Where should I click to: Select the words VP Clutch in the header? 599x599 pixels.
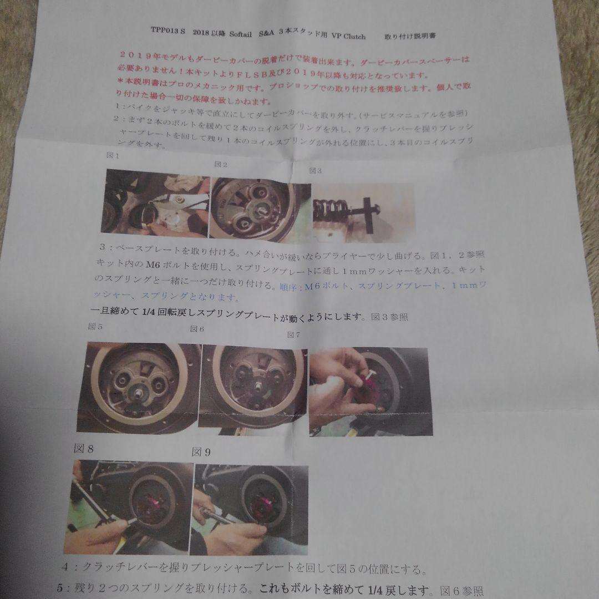[348, 37]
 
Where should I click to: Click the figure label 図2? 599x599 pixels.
[221, 164]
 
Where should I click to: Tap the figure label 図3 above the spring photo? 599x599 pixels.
[315, 170]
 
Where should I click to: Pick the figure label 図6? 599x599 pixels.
[197, 329]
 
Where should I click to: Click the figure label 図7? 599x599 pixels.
[293, 334]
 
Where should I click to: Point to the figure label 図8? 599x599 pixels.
[84, 448]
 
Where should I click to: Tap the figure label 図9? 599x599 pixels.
[201, 452]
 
